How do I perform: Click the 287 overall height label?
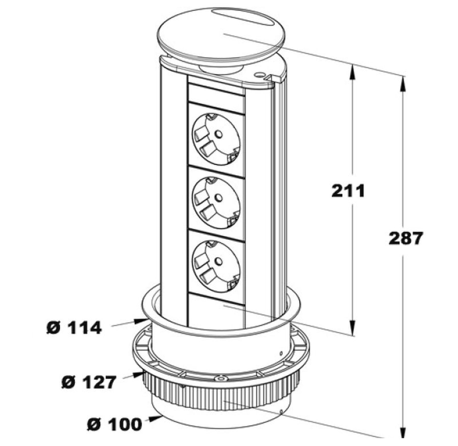point(405,238)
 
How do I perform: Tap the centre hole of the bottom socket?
point(218,261)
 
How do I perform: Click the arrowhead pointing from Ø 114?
point(142,321)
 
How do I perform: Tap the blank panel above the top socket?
point(216,93)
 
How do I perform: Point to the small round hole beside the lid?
point(260,75)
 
